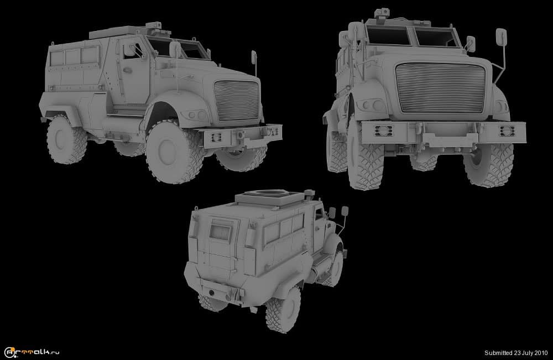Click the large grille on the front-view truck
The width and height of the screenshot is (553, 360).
[x=440, y=88]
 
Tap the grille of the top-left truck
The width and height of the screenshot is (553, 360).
[x=237, y=101]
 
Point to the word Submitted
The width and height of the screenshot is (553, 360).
[x=498, y=353]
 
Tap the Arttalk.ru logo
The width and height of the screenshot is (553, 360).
[x=32, y=352]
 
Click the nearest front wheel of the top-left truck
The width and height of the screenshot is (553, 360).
[x=174, y=152]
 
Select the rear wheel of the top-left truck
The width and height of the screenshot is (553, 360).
[x=66, y=139]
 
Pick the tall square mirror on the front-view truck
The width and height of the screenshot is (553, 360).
[x=501, y=37]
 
